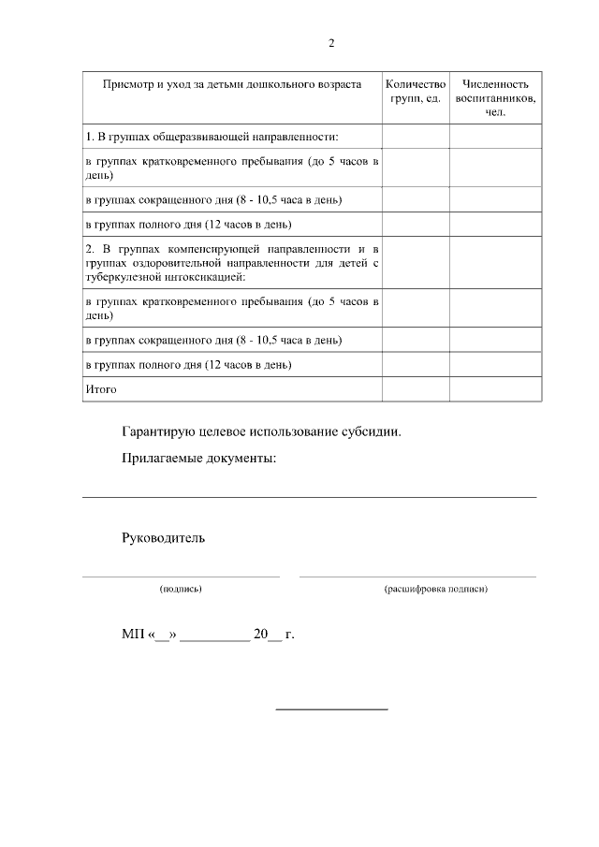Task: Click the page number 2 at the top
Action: (x=331, y=43)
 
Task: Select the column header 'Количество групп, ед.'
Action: (x=414, y=91)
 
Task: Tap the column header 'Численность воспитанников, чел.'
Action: (x=495, y=97)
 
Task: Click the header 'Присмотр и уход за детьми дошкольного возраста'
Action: (x=232, y=84)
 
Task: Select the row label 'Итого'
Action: (x=101, y=388)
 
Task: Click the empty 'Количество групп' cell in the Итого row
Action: (x=414, y=388)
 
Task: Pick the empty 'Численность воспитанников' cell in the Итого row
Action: (x=495, y=388)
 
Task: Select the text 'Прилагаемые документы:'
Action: (x=199, y=458)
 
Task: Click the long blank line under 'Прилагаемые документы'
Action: (x=309, y=497)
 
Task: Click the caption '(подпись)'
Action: (x=181, y=589)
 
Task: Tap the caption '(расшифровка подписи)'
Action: (x=435, y=589)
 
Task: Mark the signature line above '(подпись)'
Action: (x=181, y=577)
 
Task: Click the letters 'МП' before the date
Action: (x=131, y=634)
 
